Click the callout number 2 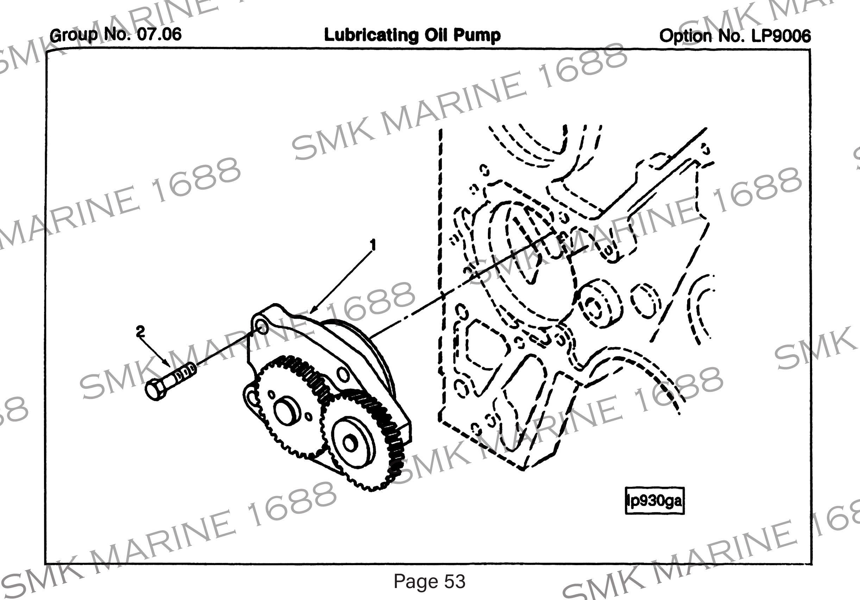click(x=140, y=331)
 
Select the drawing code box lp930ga click(x=654, y=501)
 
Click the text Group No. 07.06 click(x=115, y=35)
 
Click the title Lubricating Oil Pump click(x=412, y=35)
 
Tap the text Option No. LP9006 click(x=735, y=36)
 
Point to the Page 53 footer click(x=429, y=581)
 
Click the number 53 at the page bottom click(x=455, y=581)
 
